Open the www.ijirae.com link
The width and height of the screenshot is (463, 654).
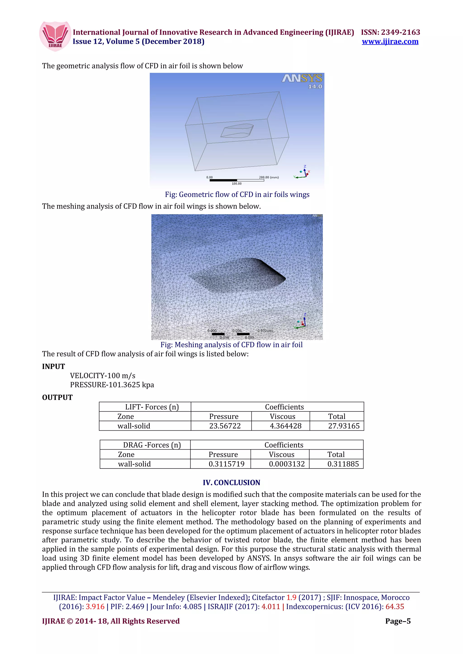tap(390, 42)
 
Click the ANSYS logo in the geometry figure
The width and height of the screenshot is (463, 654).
tap(302, 78)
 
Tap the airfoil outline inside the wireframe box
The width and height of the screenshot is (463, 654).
tap(237, 131)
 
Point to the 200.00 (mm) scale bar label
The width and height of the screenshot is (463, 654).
tap(269, 177)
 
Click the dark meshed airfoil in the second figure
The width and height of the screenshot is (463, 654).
tap(240, 275)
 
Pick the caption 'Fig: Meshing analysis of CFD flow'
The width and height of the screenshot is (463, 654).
tap(231, 345)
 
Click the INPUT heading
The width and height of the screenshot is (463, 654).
tap(53, 366)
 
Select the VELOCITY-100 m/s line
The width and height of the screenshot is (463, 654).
tap(103, 376)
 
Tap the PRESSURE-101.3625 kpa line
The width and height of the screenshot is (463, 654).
tap(112, 385)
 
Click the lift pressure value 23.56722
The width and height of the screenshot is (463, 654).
tap(225, 426)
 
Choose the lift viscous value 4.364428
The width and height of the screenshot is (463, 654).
tap(285, 426)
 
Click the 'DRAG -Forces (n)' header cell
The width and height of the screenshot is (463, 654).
tap(152, 445)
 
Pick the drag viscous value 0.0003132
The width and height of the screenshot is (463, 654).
tap(287, 464)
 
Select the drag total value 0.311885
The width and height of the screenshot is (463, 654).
tap(343, 464)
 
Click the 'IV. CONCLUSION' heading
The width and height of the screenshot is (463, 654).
tap(231, 482)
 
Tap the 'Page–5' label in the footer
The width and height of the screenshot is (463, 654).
tap(398, 621)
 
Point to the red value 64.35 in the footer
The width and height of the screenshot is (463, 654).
tap(394, 606)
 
